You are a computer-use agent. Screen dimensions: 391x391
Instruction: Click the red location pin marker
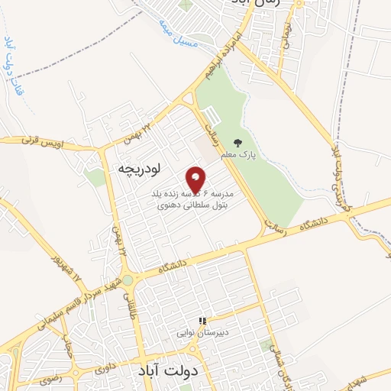(196, 179)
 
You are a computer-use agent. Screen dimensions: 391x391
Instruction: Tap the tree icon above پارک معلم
(238, 143)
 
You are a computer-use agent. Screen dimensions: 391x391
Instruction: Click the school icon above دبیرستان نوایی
(202, 322)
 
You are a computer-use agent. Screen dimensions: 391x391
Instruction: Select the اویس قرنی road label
(38, 141)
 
